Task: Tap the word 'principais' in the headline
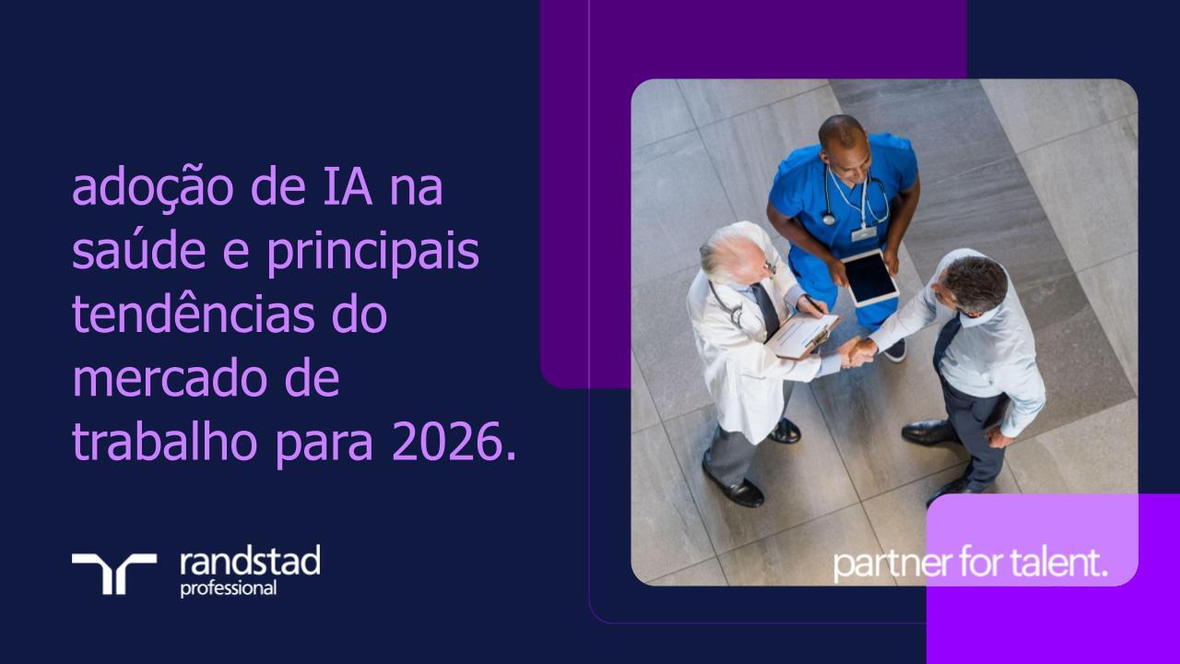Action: [373, 252]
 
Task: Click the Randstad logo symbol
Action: [114, 573]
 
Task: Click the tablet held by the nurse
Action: [870, 278]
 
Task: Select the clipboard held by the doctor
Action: [803, 335]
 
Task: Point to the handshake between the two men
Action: [858, 350]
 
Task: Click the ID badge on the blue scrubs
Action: [864, 232]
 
